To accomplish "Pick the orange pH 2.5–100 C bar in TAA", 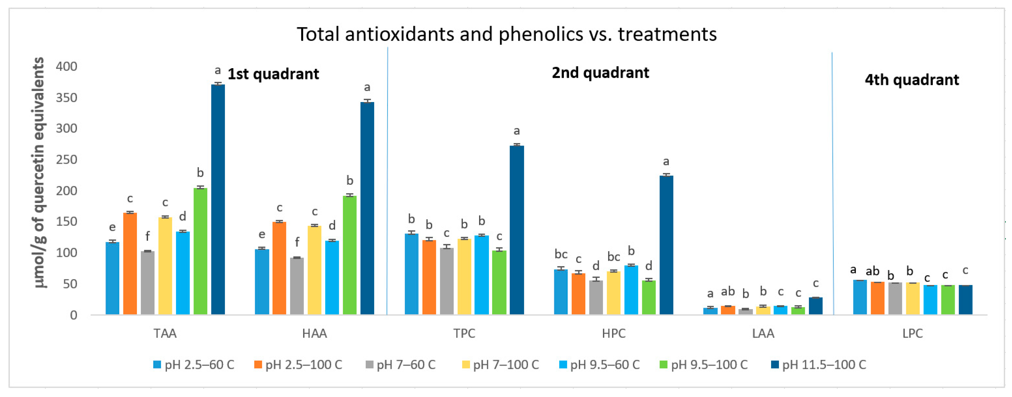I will pyautogui.click(x=130, y=263).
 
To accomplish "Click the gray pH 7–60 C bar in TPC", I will pyautogui.click(x=447, y=281).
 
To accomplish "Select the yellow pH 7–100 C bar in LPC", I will pyautogui.click(x=913, y=298).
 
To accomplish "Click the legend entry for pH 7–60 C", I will pyautogui.click(x=401, y=365).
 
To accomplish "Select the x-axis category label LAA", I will pyautogui.click(x=763, y=333).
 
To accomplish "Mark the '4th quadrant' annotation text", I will pyautogui.click(x=912, y=80).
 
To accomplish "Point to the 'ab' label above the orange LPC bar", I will pyautogui.click(x=873, y=271).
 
